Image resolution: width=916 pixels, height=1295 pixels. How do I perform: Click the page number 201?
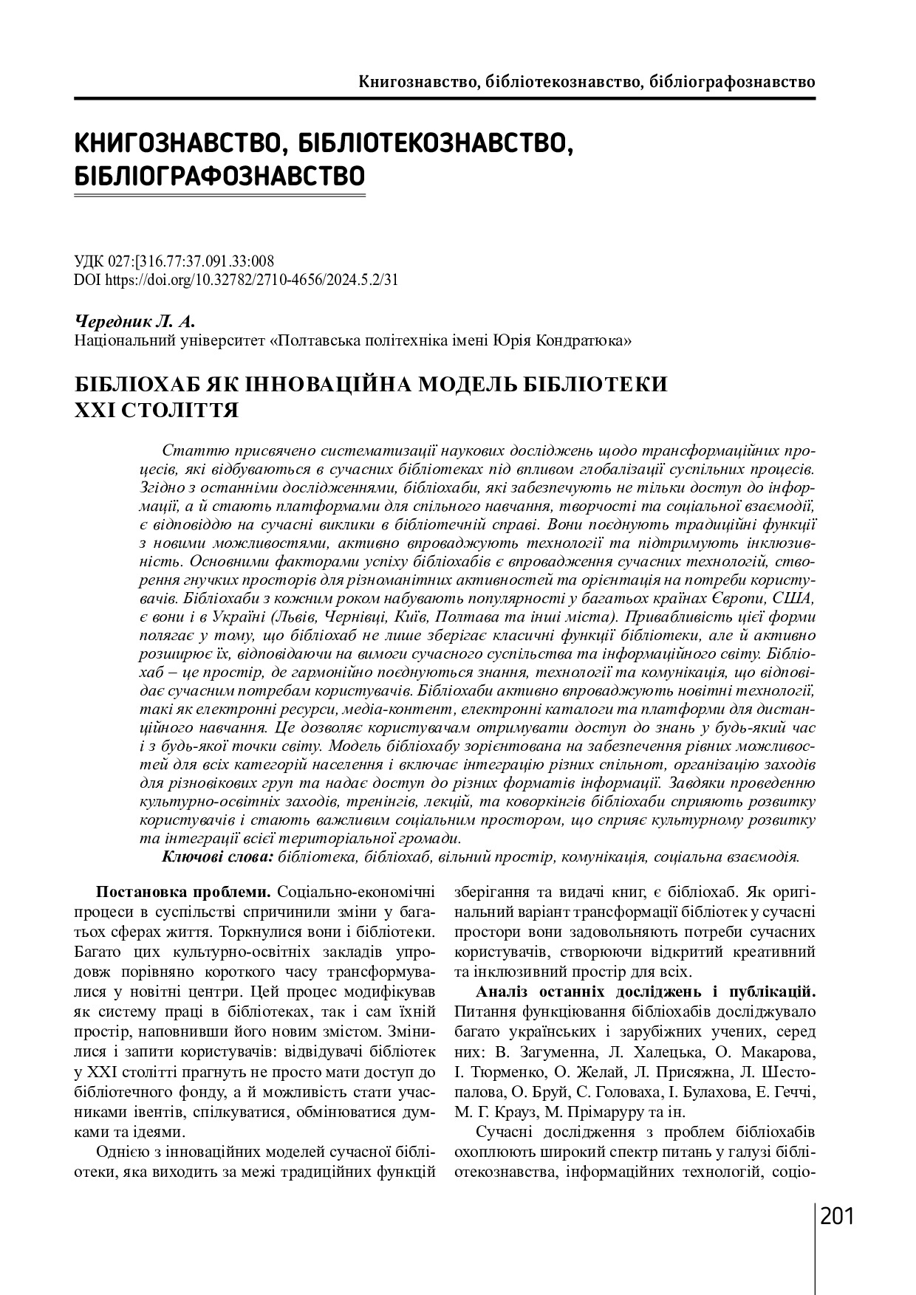pos(837,1215)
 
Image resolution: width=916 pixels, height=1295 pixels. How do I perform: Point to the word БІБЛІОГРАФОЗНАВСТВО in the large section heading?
pos(220,176)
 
